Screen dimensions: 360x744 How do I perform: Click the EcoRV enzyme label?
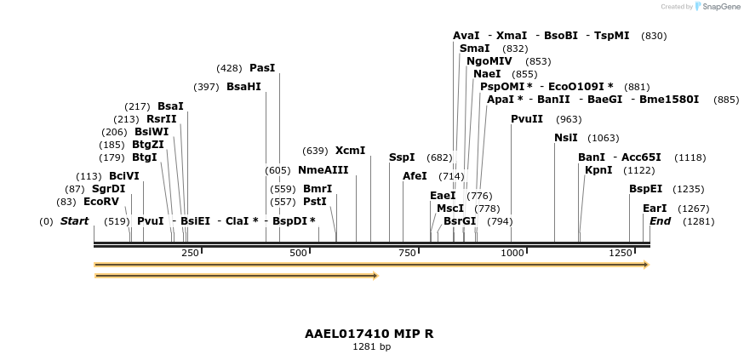click(101, 202)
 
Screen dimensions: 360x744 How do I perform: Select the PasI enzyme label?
click(262, 68)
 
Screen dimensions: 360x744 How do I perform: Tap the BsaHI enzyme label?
click(243, 87)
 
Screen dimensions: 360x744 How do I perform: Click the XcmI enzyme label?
click(350, 151)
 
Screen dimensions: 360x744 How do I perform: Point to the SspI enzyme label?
click(402, 157)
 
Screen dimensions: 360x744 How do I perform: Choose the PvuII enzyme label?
click(527, 119)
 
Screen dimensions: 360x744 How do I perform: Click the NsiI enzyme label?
click(565, 138)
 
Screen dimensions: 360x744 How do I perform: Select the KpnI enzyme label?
click(598, 170)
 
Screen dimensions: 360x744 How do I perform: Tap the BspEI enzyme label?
click(645, 189)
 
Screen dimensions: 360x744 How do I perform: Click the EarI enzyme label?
click(655, 209)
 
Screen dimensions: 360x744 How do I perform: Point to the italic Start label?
click(74, 221)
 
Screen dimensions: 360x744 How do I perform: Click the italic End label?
click(660, 221)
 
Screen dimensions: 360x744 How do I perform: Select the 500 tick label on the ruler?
click(298, 253)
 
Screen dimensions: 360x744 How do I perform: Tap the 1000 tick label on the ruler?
click(512, 253)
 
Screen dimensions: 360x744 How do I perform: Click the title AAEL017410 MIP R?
click(369, 334)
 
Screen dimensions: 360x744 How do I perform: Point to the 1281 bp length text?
click(371, 347)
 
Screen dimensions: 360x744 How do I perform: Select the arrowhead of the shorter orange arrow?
click(375, 276)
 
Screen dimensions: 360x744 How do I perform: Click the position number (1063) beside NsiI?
click(604, 138)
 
